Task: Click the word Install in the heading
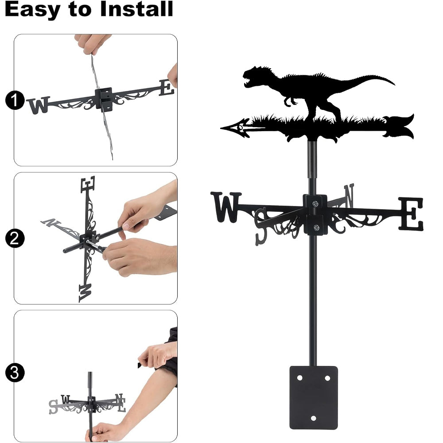click(136, 9)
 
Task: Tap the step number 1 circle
click(15, 100)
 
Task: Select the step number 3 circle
click(15, 373)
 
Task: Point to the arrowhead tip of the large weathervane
click(221, 128)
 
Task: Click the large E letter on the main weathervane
click(411, 214)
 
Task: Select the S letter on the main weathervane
click(260, 226)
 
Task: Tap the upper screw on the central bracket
click(315, 203)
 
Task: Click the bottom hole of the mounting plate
click(313, 418)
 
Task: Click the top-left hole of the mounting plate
click(299, 378)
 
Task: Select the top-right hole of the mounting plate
click(327, 378)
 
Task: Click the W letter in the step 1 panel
click(39, 105)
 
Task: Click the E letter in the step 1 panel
click(167, 87)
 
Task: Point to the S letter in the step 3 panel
click(53, 407)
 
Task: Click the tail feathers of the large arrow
click(398, 127)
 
